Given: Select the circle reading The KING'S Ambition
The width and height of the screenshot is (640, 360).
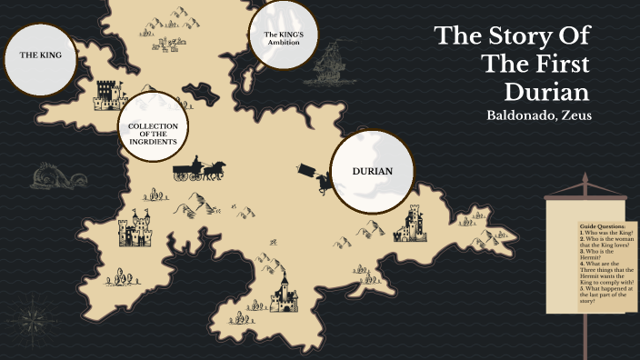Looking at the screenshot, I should coord(283,37).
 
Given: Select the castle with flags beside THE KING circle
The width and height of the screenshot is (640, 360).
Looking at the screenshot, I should coord(107,95).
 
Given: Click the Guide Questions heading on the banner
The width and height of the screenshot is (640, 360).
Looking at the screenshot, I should coord(602,225).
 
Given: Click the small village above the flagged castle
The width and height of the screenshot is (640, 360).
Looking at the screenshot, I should coord(166,41).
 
